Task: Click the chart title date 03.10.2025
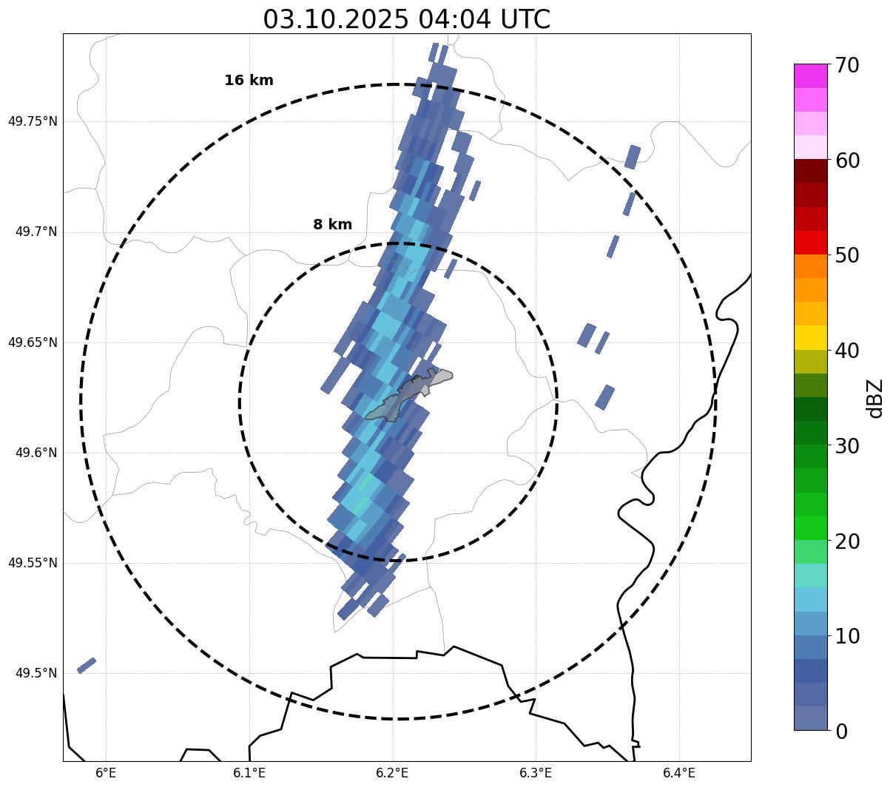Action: pos(335,19)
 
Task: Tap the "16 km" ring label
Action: pos(249,81)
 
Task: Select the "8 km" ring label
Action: pos(332,225)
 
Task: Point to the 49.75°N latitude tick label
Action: pos(33,121)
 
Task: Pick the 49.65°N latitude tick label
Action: pos(33,342)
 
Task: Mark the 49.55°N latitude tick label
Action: pos(33,563)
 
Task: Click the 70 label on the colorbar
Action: pos(847,65)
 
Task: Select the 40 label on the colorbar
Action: pos(847,351)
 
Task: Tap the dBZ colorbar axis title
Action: pos(876,398)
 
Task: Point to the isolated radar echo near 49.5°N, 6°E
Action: pos(87,665)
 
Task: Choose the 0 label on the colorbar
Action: pos(842,732)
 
